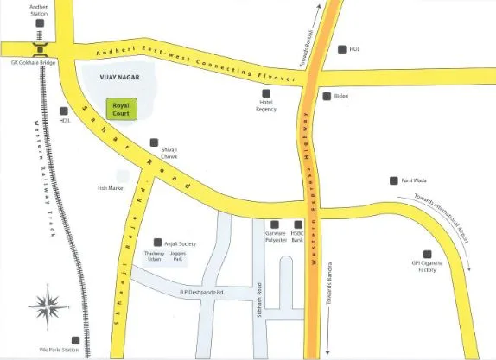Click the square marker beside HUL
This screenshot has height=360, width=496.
tap(342, 49)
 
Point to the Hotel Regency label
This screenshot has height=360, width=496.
tap(266, 105)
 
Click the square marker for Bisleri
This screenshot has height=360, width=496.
tap(326, 96)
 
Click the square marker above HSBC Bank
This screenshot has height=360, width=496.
tap(298, 224)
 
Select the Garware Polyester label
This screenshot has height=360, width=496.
tap(275, 237)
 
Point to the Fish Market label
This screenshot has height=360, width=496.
tap(111, 187)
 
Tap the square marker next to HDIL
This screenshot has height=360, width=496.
tap(63, 110)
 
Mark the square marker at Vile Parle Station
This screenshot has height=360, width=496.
tap(76, 341)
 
